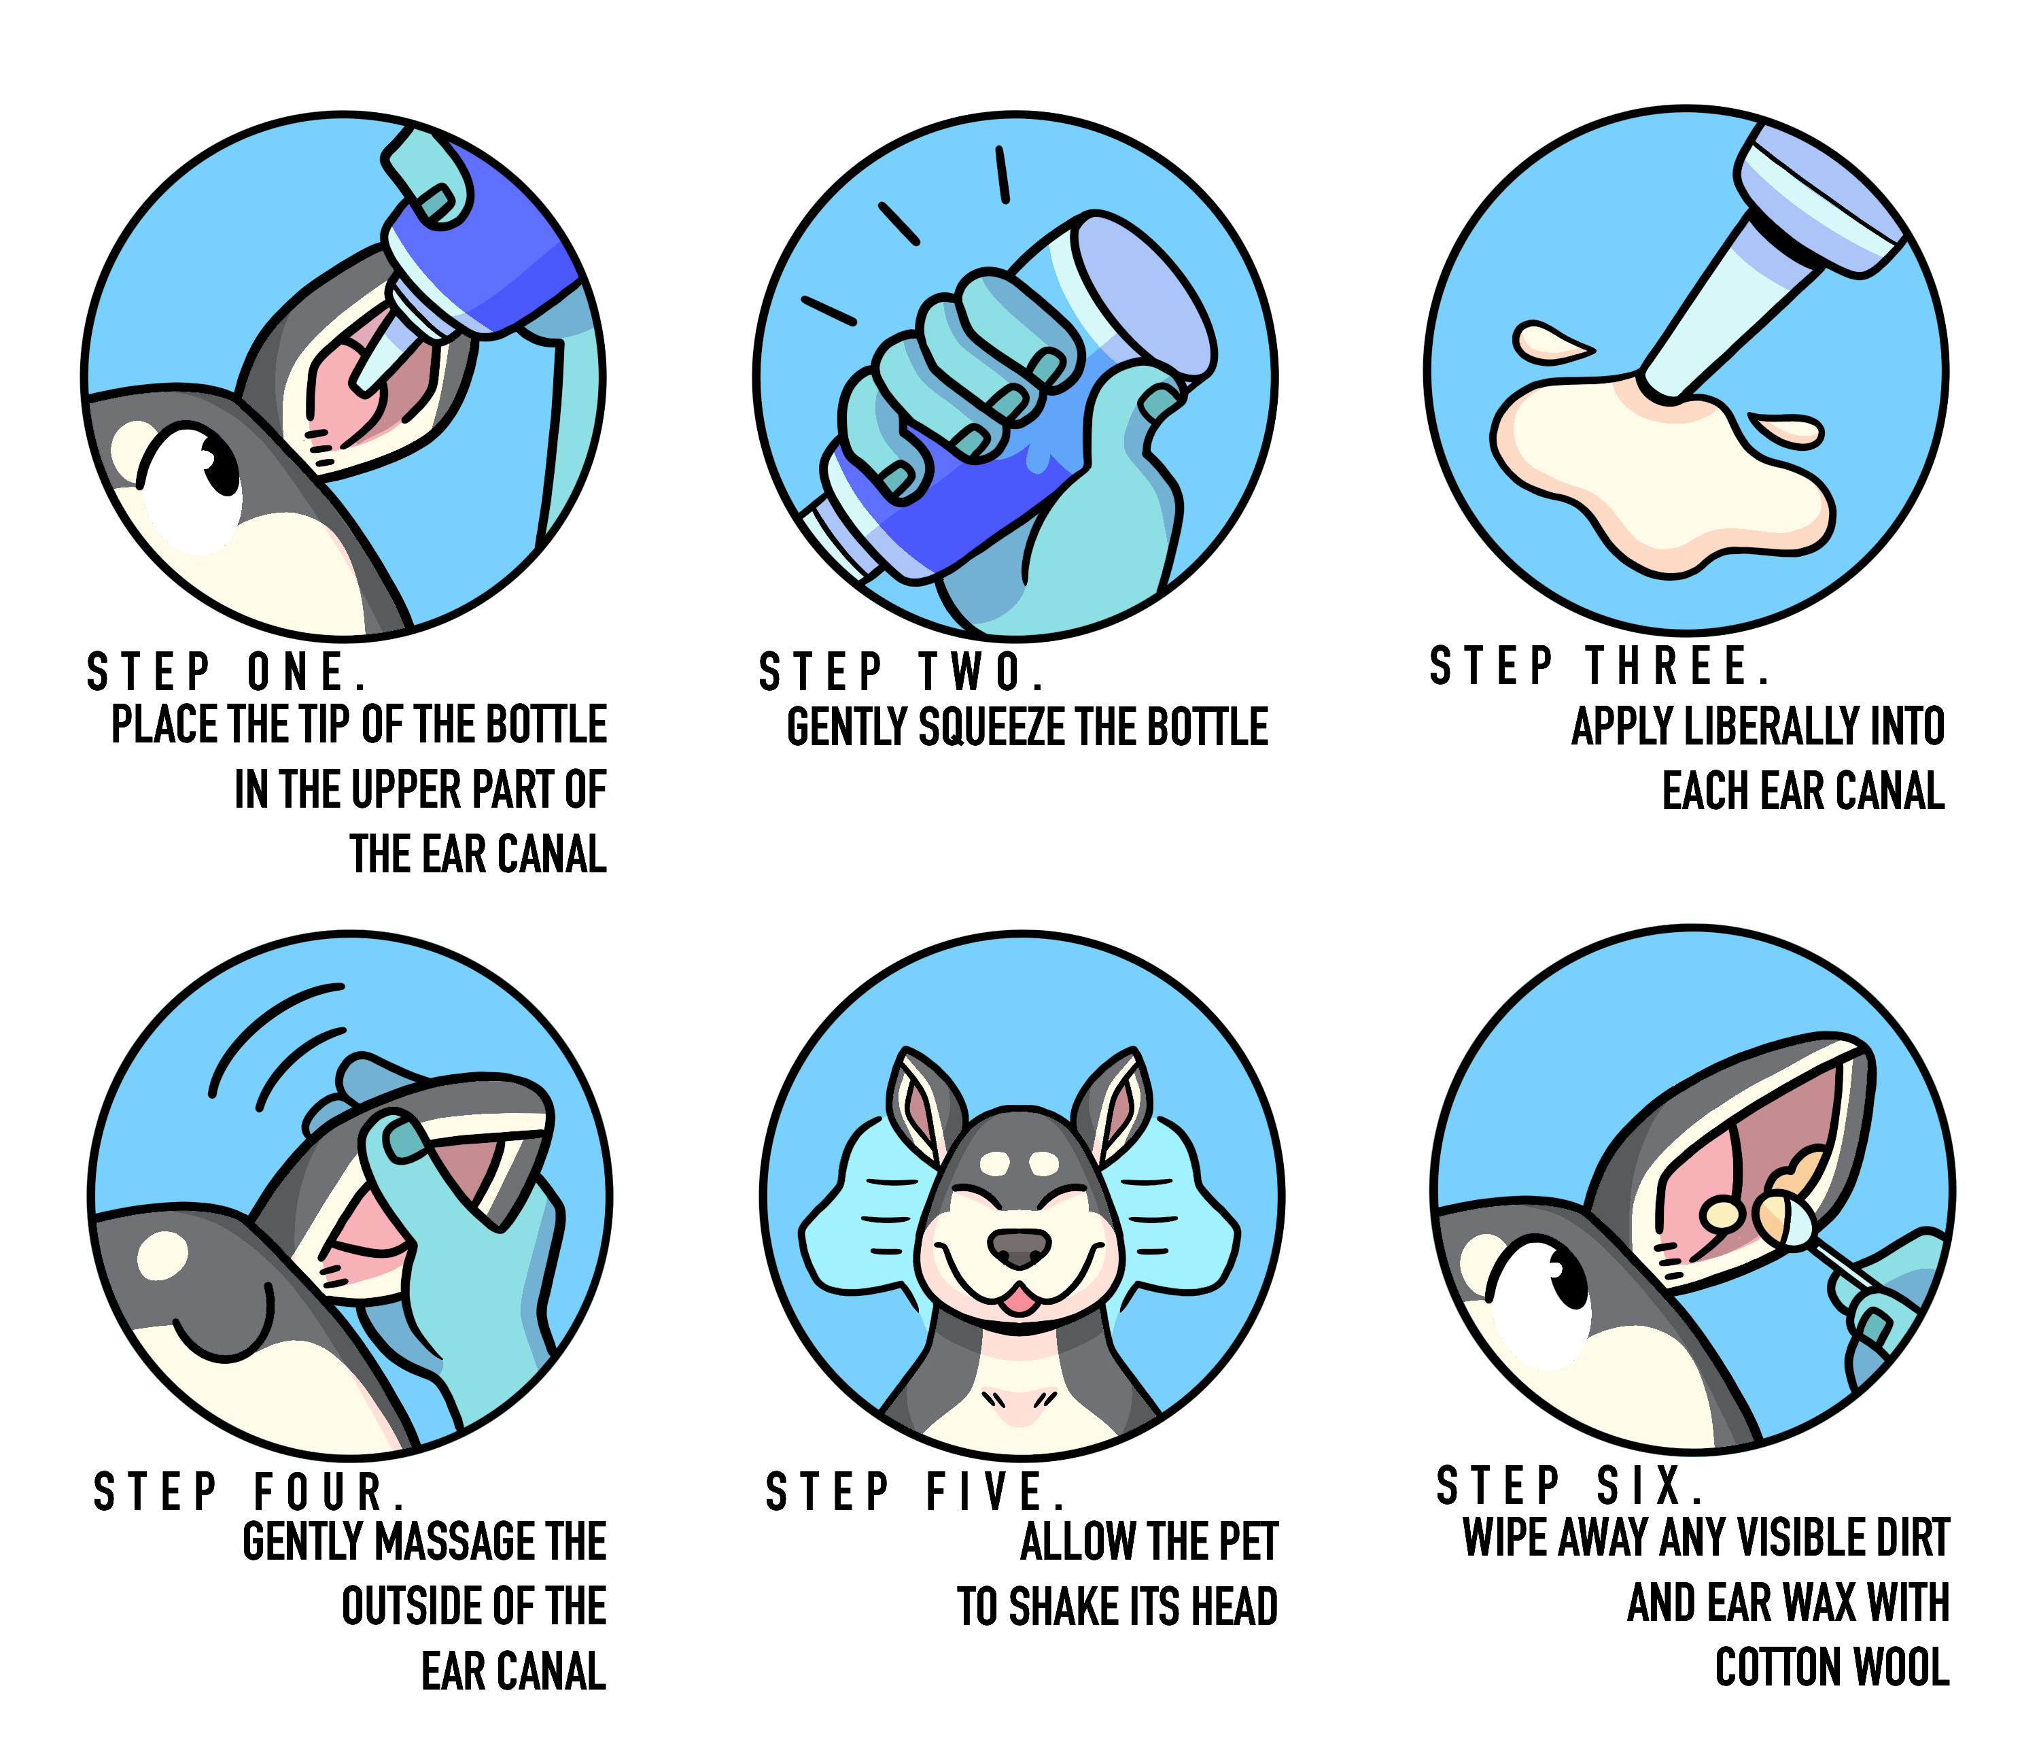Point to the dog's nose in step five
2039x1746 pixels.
coord(1019,1248)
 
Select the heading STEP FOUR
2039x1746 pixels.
coord(249,1491)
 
